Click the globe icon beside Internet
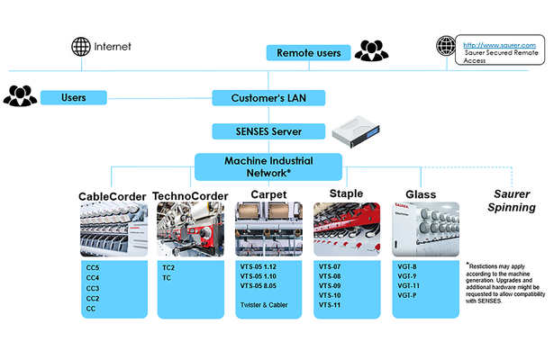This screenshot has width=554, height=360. [x=82, y=45]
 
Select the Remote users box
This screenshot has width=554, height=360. [x=308, y=53]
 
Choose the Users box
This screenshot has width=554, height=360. [x=73, y=96]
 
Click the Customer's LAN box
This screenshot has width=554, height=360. [x=268, y=97]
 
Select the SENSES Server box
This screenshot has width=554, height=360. [x=268, y=131]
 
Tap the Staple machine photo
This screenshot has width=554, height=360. [x=345, y=231]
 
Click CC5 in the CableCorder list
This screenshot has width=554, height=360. [x=93, y=267]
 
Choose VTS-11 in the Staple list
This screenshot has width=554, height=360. [x=331, y=306]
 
